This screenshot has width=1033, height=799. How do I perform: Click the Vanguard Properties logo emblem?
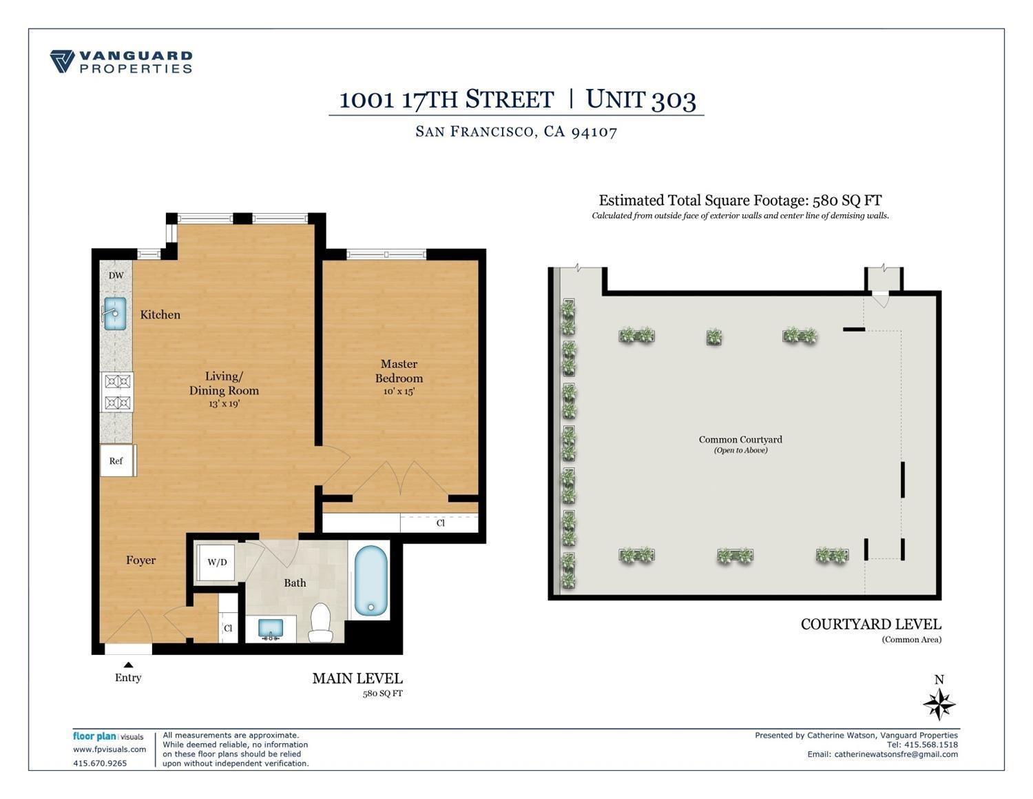[62, 61]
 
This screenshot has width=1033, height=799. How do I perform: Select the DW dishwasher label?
[116, 276]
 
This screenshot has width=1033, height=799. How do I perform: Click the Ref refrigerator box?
[116, 461]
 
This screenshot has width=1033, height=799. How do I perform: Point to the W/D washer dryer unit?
[216, 563]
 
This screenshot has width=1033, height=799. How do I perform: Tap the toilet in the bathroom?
[320, 623]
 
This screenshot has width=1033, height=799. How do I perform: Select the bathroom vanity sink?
[270, 629]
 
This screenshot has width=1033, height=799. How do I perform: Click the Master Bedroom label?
[399, 371]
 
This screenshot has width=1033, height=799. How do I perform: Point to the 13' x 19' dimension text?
[224, 404]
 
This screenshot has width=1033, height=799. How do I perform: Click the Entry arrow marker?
[128, 665]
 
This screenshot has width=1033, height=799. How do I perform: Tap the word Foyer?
[140, 560]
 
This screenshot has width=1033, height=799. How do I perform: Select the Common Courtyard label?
[740, 440]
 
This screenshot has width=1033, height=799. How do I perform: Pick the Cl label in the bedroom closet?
[440, 523]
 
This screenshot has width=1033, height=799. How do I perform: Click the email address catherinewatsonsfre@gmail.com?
[895, 754]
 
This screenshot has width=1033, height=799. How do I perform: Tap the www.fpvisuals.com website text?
[109, 749]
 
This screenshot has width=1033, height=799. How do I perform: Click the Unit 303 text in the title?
[640, 99]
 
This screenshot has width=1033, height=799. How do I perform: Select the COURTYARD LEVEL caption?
[870, 625]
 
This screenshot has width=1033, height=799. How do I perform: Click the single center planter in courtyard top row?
[714, 337]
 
